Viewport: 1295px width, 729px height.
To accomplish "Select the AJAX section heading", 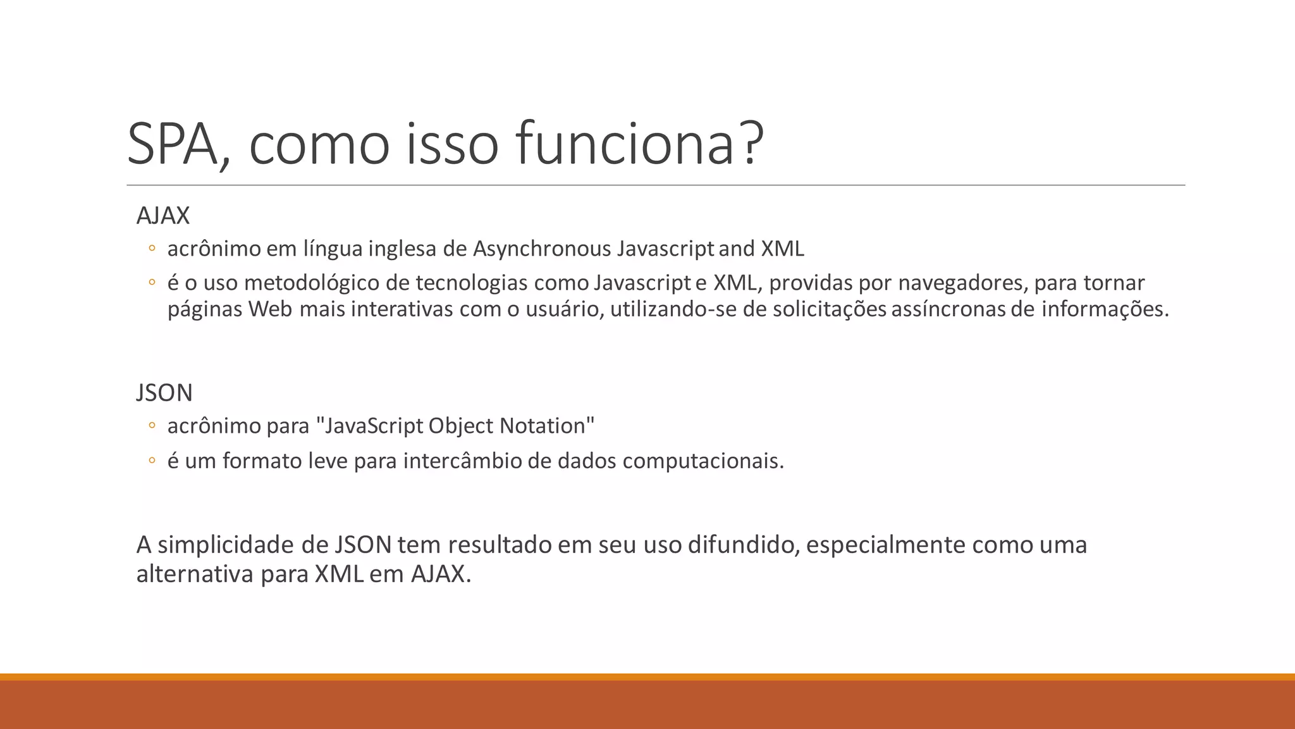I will pos(163,216).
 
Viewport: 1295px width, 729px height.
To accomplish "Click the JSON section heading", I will pos(164,393).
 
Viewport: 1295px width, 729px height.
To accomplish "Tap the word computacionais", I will pos(702,461).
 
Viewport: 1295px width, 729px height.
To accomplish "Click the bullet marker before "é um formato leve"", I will pos(151,461).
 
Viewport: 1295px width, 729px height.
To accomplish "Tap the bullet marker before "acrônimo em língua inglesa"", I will pos(151,249).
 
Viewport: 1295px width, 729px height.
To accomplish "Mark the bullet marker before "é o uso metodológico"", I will pos(151,283).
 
